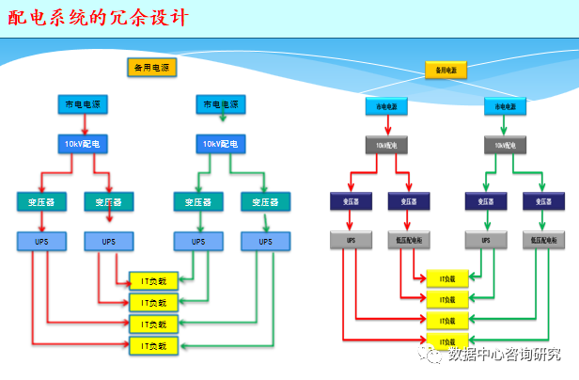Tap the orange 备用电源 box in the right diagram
(446, 71)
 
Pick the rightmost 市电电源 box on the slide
(505, 108)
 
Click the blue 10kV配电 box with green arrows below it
(222, 144)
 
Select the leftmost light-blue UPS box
(40, 242)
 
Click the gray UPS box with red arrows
(352, 241)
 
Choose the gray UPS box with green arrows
(486, 241)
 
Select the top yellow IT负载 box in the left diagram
(153, 280)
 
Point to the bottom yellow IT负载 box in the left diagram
(153, 346)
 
